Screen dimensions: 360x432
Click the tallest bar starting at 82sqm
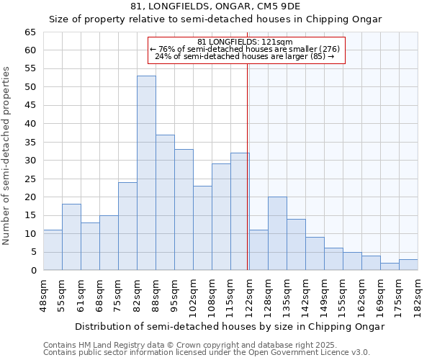point(146,173)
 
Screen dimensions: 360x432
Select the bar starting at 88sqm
point(165,202)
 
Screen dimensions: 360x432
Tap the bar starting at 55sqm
point(71,237)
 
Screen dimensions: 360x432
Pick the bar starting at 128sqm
point(277,233)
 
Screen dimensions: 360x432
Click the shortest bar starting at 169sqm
point(390,266)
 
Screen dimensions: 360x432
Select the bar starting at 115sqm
point(240,212)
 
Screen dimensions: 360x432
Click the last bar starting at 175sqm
point(408,265)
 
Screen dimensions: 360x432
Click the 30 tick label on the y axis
point(30,161)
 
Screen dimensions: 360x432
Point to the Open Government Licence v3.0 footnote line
point(207,353)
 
